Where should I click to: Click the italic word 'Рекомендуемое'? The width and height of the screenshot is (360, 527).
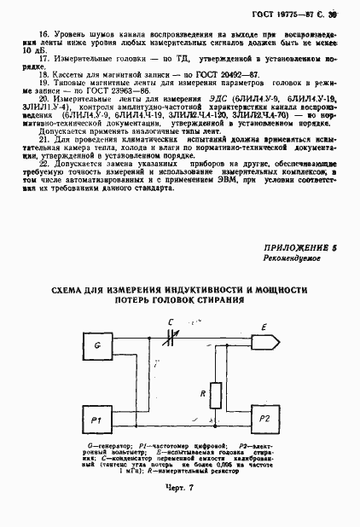click(x=292, y=258)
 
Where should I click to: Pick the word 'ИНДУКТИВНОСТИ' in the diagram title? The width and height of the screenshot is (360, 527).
click(x=198, y=290)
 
